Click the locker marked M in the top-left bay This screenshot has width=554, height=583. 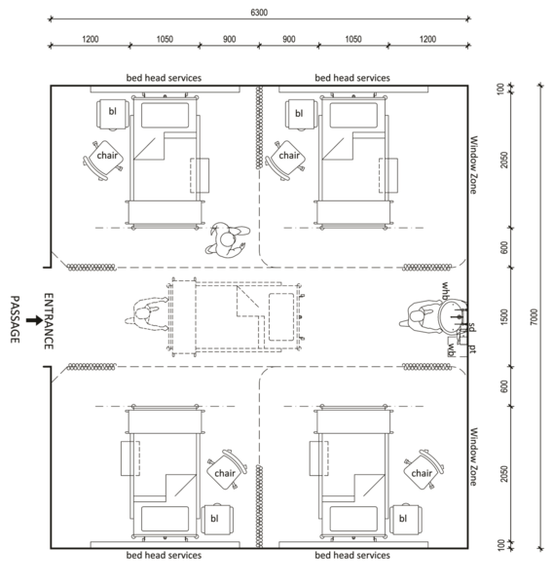[x=111, y=113]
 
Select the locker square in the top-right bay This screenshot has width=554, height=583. [x=300, y=113]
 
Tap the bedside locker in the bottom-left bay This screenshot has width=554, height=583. [x=215, y=519]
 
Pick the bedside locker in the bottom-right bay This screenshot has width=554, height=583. [x=405, y=519]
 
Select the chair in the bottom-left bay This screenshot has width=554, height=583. [x=227, y=471]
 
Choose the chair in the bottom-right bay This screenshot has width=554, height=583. [x=423, y=469]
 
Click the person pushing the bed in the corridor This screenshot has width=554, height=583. [x=146, y=314]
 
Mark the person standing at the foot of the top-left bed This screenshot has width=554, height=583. [x=229, y=237]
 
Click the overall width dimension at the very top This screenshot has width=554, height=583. [x=258, y=13]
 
